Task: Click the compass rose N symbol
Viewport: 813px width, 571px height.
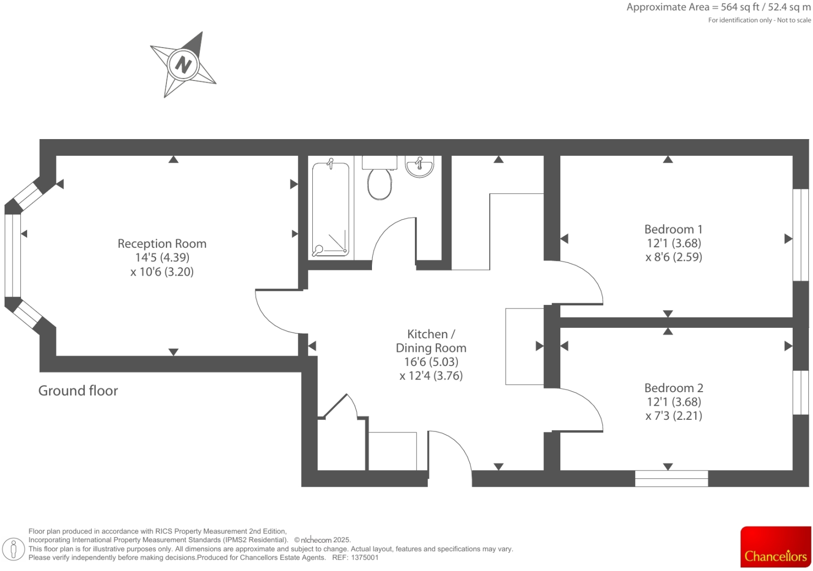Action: (x=183, y=65)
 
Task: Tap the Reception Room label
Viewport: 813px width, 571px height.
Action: (x=162, y=244)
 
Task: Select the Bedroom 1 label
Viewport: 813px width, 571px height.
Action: (x=673, y=229)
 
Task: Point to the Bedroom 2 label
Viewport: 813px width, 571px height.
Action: (x=673, y=388)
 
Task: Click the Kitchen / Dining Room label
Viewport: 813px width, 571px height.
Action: (x=431, y=341)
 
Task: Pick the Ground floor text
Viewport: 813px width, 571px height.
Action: (x=78, y=391)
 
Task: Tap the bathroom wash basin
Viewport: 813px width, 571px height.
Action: (x=419, y=167)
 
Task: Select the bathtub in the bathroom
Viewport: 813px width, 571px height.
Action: (x=330, y=209)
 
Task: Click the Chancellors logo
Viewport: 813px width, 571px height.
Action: (x=775, y=547)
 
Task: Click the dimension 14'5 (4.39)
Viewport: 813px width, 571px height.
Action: (x=162, y=257)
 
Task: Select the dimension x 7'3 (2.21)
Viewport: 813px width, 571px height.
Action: (x=673, y=416)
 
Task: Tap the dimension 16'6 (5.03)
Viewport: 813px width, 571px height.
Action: (x=431, y=362)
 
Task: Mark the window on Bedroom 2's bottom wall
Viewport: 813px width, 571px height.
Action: (x=671, y=478)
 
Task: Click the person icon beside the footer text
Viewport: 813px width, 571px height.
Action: (x=14, y=549)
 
